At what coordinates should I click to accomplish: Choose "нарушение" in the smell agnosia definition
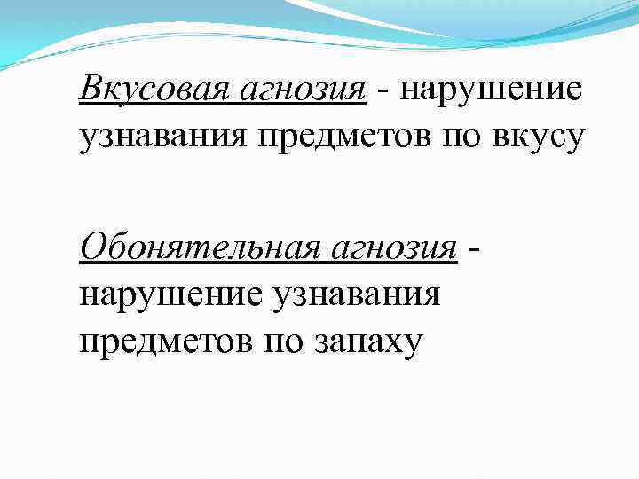point(176,294)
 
